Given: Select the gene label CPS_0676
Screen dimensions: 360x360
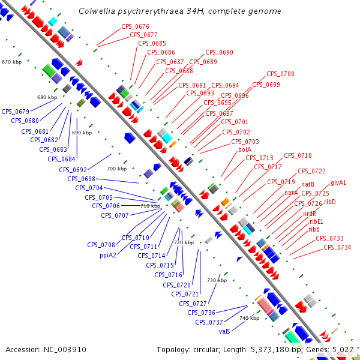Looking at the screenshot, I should click(x=135, y=26).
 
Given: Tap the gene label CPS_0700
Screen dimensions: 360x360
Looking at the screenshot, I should click(x=280, y=74).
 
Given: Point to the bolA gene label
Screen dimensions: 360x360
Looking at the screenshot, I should click(x=245, y=149).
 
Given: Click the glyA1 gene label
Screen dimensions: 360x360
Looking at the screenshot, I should click(x=338, y=182).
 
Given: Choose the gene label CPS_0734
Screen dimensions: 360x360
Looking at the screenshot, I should click(x=337, y=247).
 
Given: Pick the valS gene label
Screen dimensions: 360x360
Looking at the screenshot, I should click(x=225, y=331).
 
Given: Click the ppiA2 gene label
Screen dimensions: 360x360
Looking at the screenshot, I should click(x=108, y=254).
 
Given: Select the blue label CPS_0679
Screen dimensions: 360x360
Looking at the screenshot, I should click(x=16, y=111).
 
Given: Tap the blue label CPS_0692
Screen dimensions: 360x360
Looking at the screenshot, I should click(x=73, y=170).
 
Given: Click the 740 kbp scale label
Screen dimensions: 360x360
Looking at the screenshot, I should click(x=249, y=318).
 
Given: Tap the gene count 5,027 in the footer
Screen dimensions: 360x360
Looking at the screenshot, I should click(x=344, y=349).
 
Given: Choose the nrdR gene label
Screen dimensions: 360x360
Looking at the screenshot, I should click(x=310, y=214).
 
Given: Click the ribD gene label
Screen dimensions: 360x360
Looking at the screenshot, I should click(x=330, y=202).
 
